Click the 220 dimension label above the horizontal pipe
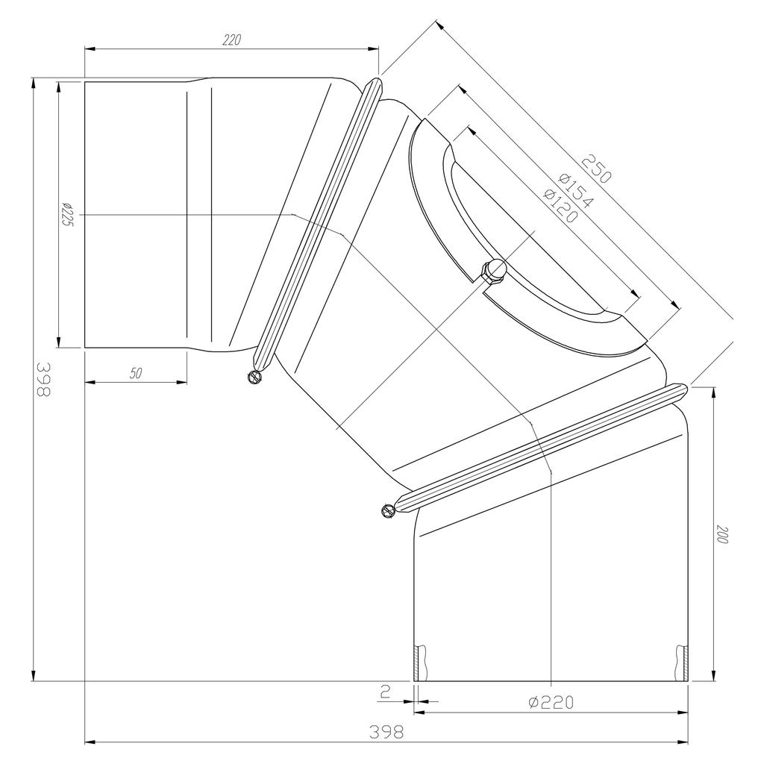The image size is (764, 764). click(x=231, y=40)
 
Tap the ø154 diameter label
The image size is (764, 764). click(x=575, y=191)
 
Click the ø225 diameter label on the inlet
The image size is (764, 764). click(x=66, y=216)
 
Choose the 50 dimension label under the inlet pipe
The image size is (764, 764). click(x=136, y=374)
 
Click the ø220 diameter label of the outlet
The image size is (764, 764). click(x=551, y=701)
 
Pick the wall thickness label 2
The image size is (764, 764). click(x=385, y=692)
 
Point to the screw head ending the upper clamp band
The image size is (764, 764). click(x=255, y=377)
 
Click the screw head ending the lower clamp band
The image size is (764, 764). click(x=386, y=511)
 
